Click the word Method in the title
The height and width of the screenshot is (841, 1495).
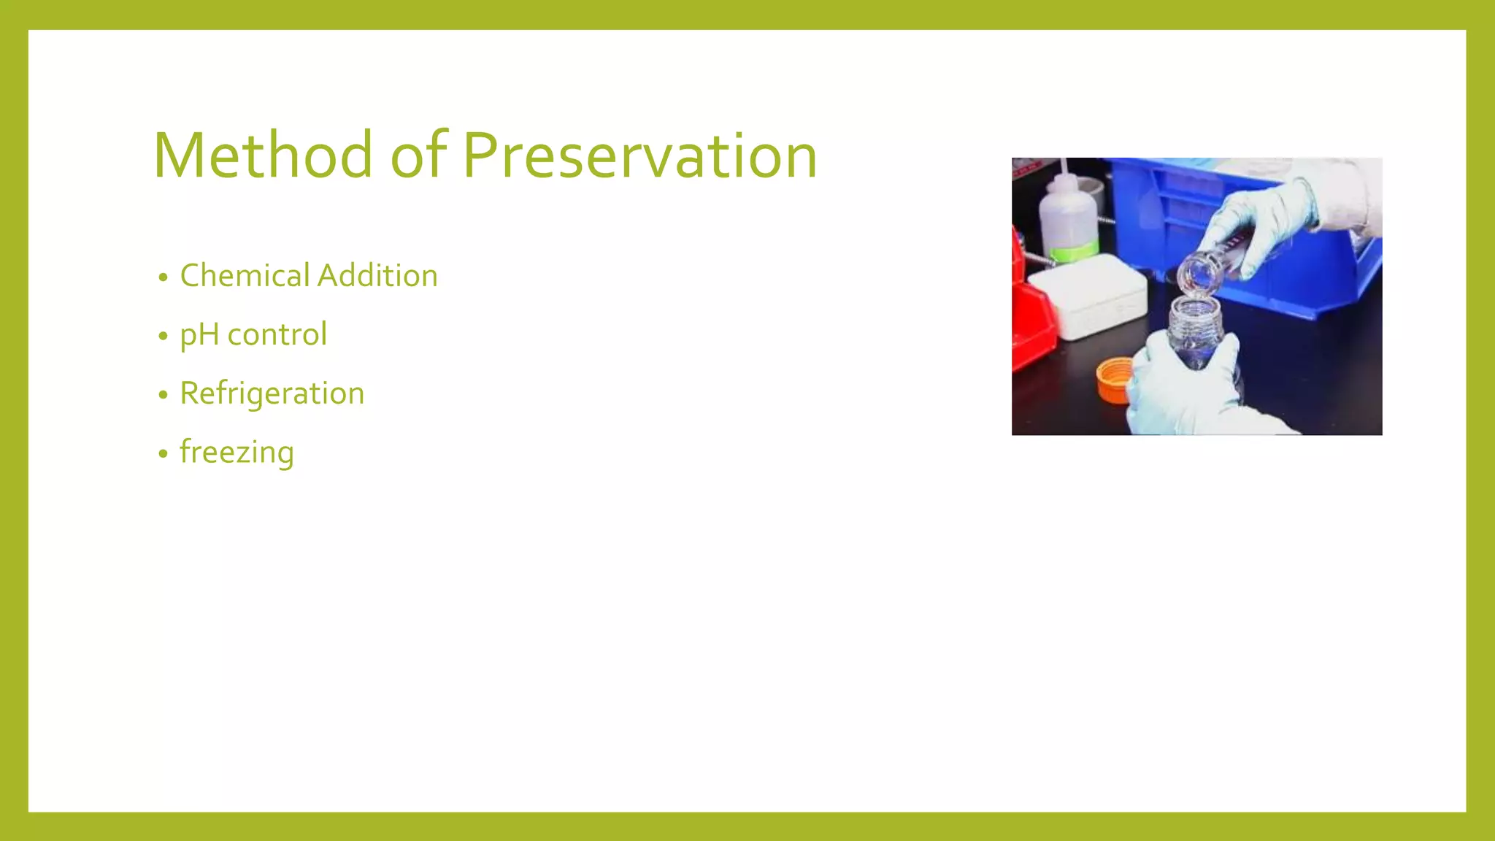coord(264,155)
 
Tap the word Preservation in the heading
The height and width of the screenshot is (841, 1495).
coord(640,155)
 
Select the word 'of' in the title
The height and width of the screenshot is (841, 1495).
coord(418,155)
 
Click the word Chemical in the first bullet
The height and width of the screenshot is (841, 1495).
coord(245,276)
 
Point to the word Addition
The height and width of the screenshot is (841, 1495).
coord(377,276)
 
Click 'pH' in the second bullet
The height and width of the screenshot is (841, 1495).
coord(199,335)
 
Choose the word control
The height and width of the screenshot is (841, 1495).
coord(277,335)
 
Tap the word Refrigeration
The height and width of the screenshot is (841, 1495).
coord(272,393)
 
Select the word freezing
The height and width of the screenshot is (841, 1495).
coord(237,453)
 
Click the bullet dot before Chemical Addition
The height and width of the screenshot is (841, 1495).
coord(163,278)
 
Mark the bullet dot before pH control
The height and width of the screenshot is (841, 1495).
coord(163,337)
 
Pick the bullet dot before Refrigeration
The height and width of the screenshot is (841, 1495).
coord(163,396)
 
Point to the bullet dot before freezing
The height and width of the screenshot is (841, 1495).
coord(163,454)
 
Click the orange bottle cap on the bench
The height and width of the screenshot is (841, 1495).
coord(1114,378)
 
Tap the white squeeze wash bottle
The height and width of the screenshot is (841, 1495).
coord(1067,219)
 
